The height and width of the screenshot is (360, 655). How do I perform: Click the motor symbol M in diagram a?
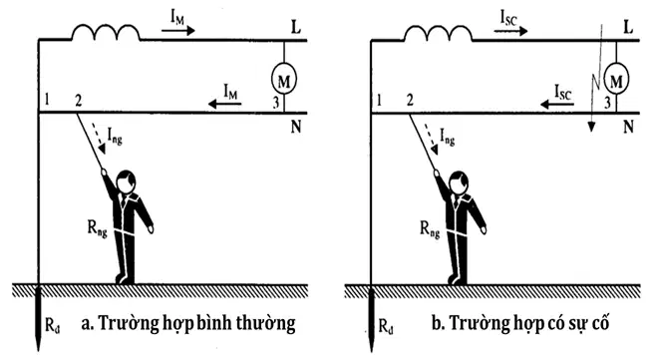[x=284, y=80]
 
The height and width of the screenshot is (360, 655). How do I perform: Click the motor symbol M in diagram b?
[x=616, y=80]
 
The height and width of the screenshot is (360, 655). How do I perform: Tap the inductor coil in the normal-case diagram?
[x=106, y=33]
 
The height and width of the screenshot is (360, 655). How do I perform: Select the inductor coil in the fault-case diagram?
[x=439, y=33]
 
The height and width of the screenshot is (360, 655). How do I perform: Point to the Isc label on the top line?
[x=509, y=18]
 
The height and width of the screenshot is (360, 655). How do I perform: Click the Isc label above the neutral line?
[x=562, y=92]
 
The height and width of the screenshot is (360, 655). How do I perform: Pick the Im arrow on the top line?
[x=178, y=31]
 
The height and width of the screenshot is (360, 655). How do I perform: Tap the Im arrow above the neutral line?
[x=224, y=103]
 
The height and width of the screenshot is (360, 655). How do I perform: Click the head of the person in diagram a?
[x=126, y=181]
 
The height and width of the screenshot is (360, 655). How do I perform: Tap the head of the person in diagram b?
[x=458, y=181]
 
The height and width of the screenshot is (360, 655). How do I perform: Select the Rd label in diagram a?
[x=52, y=324]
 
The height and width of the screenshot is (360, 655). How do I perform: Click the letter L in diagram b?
[x=628, y=28]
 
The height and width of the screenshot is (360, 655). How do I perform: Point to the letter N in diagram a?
[x=296, y=126]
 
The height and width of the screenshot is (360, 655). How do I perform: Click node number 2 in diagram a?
[x=78, y=100]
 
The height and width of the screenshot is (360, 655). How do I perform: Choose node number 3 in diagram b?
[x=608, y=103]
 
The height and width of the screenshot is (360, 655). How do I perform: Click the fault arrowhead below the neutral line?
[x=591, y=127]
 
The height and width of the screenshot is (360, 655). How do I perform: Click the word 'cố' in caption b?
[x=600, y=322]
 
